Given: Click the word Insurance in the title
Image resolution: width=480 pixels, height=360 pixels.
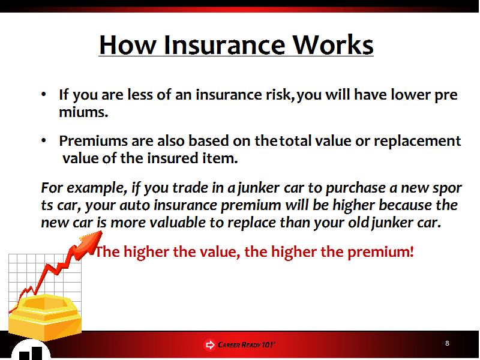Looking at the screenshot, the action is click(224, 45).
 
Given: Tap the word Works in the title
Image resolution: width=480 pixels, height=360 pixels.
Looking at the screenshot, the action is click(333, 45).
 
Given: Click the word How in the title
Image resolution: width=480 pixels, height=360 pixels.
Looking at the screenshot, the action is click(127, 45).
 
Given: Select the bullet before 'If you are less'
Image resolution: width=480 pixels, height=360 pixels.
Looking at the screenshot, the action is click(43, 94).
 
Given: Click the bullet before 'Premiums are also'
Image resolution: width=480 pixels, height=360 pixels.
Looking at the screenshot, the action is click(43, 140).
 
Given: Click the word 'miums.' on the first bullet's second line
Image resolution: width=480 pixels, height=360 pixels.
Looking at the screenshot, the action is click(83, 112).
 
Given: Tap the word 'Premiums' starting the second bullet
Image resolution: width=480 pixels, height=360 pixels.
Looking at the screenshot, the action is click(93, 141).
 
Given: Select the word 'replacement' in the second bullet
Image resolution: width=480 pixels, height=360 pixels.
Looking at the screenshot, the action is click(417, 142).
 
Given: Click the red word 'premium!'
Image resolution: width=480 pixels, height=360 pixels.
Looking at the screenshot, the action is click(380, 252).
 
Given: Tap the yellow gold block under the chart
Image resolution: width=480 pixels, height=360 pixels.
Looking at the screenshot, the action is click(44, 317).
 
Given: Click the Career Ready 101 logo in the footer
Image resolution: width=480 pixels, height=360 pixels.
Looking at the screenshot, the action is click(239, 344).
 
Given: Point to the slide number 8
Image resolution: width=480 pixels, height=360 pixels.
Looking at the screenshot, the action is click(447, 343).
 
